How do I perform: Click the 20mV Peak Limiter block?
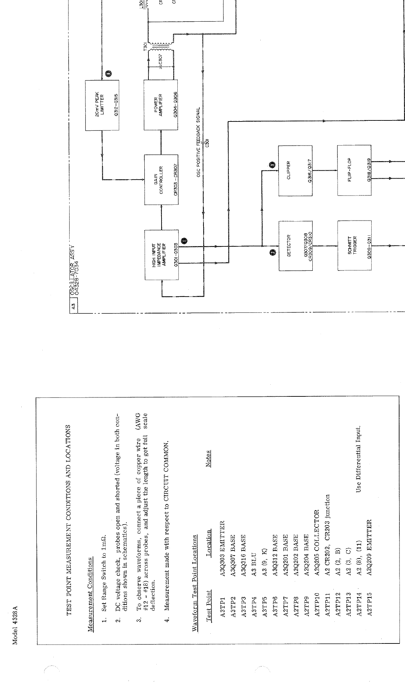pos(102,105)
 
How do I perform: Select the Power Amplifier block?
pos(161,105)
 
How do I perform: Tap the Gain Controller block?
pos(161,180)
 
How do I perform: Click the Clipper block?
pos(295,171)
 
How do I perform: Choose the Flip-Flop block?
pos(354,171)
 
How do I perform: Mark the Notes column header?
pos(208,459)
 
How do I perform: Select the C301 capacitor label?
pos(207,142)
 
